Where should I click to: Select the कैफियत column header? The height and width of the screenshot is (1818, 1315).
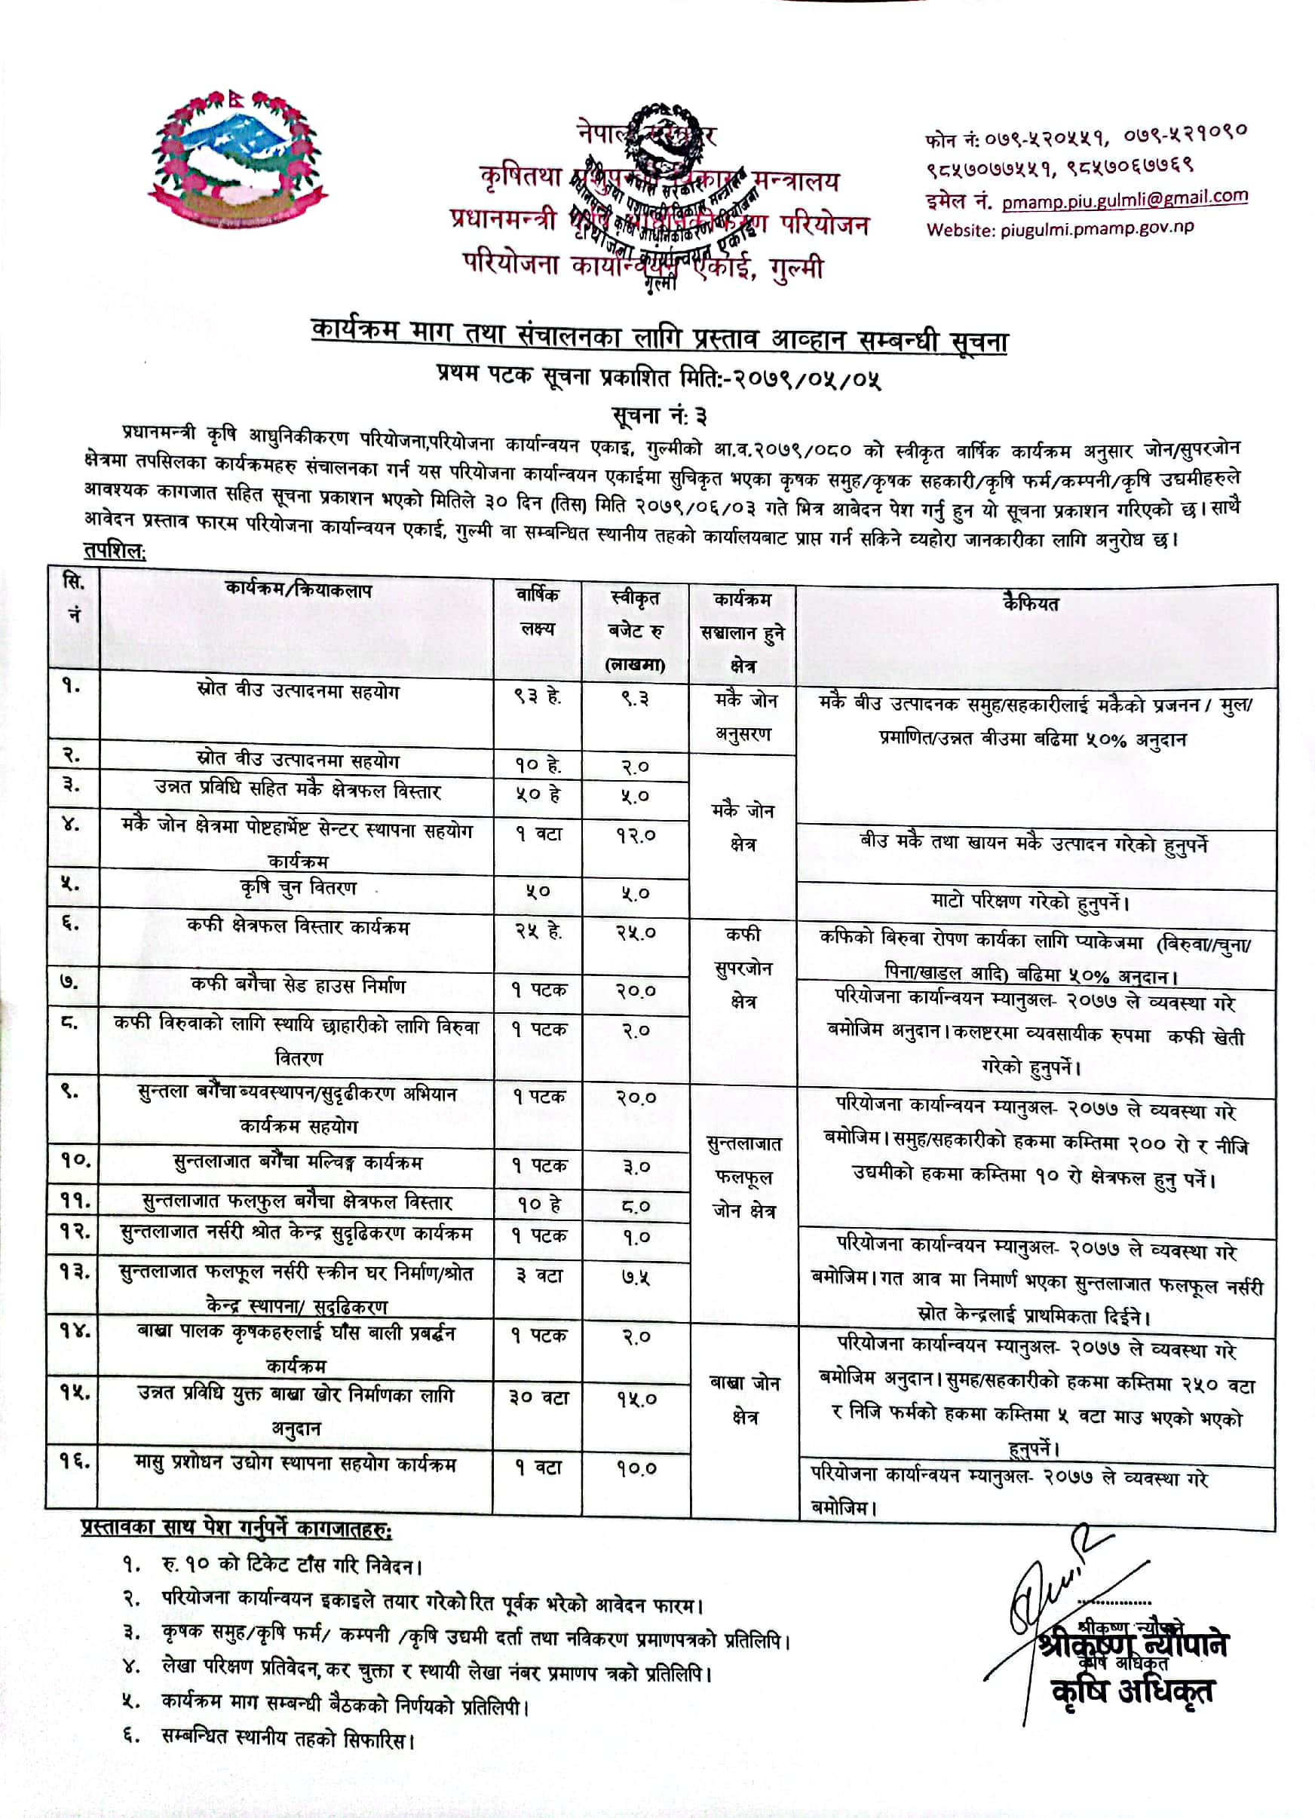tap(1031, 604)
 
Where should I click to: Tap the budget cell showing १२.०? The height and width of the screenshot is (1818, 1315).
tap(636, 835)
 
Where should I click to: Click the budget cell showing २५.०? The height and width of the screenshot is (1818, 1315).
tap(636, 933)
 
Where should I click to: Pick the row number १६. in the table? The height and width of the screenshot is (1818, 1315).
tap(75, 1461)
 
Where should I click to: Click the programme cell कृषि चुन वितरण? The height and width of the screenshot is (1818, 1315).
tap(299, 888)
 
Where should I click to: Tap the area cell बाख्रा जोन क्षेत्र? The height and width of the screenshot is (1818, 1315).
tap(744, 1400)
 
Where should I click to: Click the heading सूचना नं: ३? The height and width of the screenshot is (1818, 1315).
tap(659, 416)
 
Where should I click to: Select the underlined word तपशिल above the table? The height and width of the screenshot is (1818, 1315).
tap(115, 552)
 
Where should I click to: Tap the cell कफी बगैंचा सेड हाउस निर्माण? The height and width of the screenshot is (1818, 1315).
tap(299, 985)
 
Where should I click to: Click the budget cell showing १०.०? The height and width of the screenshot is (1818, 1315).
tap(636, 1468)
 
